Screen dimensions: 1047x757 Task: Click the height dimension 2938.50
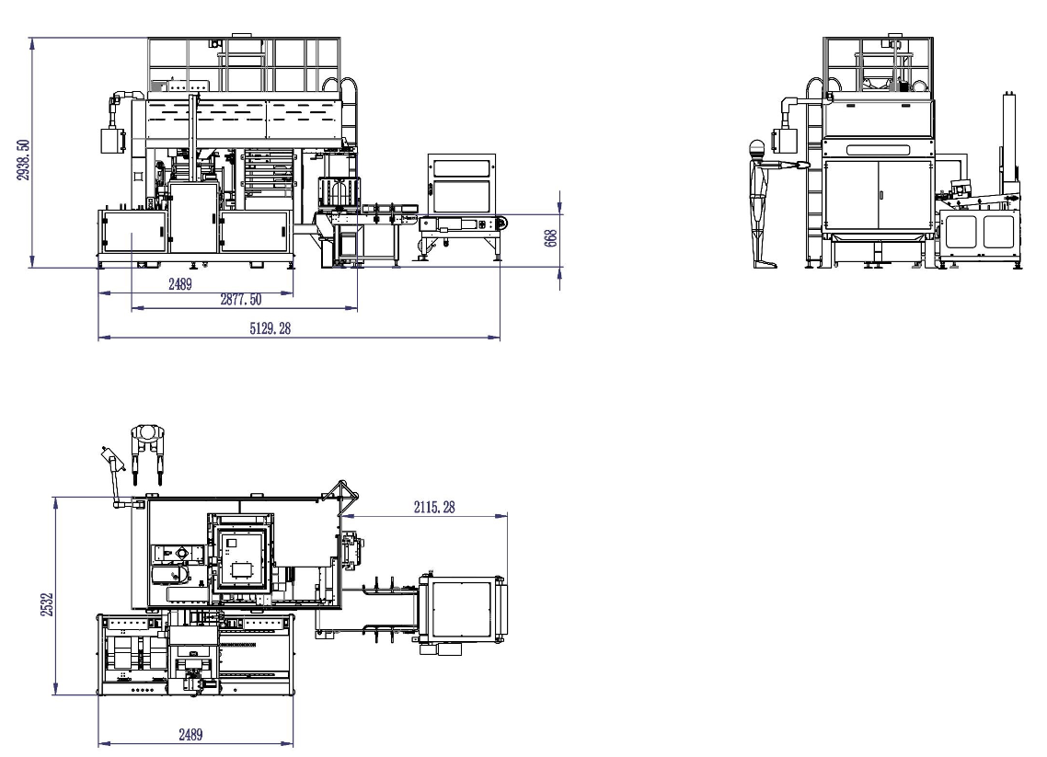click(23, 159)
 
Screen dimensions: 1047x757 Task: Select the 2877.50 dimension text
click(241, 300)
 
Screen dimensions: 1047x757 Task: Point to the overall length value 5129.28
click(270, 328)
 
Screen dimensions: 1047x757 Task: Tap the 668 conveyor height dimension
click(551, 238)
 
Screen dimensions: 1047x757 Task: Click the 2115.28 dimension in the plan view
click(434, 508)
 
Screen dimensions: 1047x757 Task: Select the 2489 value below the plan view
click(190, 735)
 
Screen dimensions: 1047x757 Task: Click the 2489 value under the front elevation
click(180, 284)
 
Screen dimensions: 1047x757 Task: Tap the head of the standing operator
click(756, 148)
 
